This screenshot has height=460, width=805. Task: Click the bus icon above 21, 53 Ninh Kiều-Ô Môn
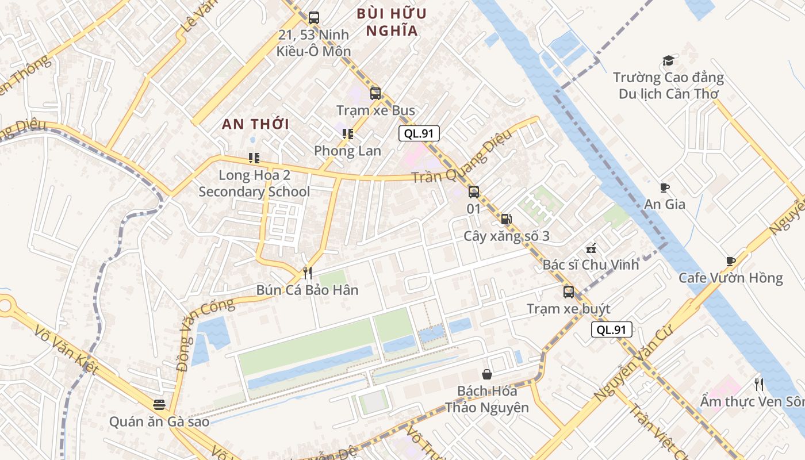(x=313, y=17)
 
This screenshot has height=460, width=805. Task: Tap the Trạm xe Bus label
(x=375, y=110)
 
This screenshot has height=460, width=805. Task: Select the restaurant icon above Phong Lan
(x=347, y=134)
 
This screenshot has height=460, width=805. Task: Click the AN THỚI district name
(x=255, y=124)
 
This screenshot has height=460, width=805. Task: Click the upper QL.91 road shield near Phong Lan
(x=419, y=134)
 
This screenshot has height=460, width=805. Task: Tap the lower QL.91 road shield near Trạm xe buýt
(x=612, y=329)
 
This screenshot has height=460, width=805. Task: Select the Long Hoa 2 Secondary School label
(x=254, y=183)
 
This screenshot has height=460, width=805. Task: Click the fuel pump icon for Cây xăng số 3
(x=506, y=219)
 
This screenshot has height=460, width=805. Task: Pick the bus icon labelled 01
(x=473, y=192)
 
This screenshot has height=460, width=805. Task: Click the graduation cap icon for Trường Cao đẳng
(x=668, y=60)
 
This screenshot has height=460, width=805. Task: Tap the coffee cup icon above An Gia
(x=665, y=187)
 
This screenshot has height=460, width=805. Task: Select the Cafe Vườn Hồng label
(x=730, y=278)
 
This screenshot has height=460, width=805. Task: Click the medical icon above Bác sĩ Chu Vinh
(x=591, y=248)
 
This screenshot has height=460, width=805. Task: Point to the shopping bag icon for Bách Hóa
(x=487, y=374)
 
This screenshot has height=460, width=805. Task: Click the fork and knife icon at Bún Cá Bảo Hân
(x=308, y=273)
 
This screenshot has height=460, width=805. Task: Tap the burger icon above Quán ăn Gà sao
(x=159, y=405)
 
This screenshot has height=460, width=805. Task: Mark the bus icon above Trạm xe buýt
(x=568, y=292)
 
